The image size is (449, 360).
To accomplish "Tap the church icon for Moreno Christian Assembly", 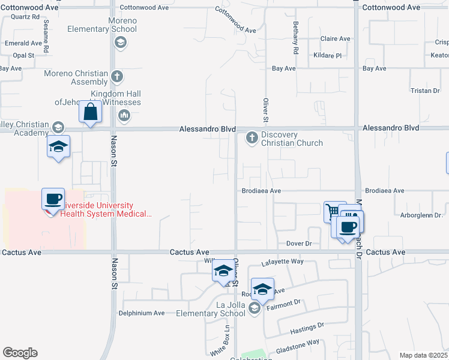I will coord(118,76).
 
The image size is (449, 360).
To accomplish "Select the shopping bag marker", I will coord(90,112).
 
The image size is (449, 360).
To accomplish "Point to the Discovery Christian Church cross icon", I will coord(252,138).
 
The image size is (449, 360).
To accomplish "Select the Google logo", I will coord(20,353).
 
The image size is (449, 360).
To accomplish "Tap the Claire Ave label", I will coord(336,38).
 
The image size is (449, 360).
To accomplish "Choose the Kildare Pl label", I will coord(327,55).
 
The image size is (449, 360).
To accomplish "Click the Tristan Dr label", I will coord(426,91).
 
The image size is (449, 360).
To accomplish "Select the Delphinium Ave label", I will coord(142,313).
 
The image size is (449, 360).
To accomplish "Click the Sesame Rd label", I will coord(46,35).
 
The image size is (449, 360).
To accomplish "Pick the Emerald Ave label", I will coord(23,43).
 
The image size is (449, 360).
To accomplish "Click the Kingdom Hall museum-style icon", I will coord(125,115).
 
